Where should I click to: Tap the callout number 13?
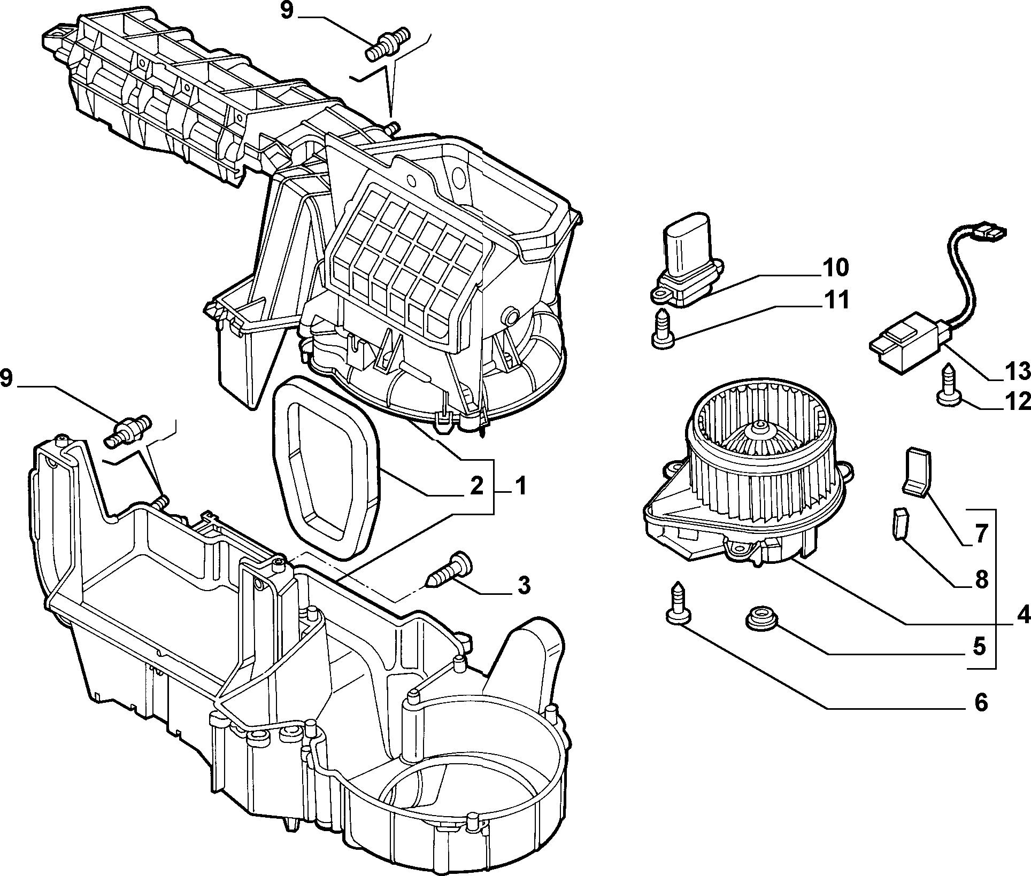(x=1015, y=370)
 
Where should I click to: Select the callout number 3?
(x=524, y=585)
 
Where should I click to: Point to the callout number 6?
(x=980, y=703)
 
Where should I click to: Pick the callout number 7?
(x=980, y=534)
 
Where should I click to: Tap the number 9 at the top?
(x=287, y=11)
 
